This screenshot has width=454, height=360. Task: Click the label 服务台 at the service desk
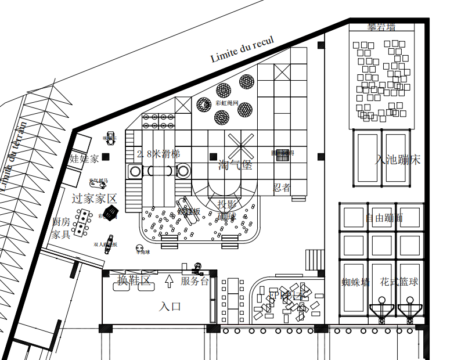click(x=194, y=281)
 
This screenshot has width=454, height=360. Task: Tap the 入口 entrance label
click(x=170, y=306)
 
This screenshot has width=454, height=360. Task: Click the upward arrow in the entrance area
click(x=169, y=281)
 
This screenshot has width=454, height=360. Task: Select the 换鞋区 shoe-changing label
click(x=134, y=280)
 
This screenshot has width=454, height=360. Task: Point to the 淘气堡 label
click(x=235, y=165)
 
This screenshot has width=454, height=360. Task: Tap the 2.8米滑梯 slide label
click(x=158, y=154)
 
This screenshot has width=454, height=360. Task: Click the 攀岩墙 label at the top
click(x=381, y=27)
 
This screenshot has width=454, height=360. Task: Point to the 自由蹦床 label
click(x=384, y=219)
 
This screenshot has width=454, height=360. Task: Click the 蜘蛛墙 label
click(x=355, y=283)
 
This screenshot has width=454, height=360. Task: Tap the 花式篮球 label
click(x=399, y=282)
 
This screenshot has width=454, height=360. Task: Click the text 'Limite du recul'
click(x=242, y=48)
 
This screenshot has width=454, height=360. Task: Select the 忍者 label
click(x=282, y=188)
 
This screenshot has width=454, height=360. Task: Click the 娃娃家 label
click(x=84, y=158)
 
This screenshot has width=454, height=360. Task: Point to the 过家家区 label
click(x=94, y=198)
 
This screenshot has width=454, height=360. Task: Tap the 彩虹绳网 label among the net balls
click(x=226, y=102)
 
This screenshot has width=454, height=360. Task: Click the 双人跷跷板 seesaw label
click(x=106, y=244)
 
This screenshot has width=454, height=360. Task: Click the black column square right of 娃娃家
click(x=106, y=156)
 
